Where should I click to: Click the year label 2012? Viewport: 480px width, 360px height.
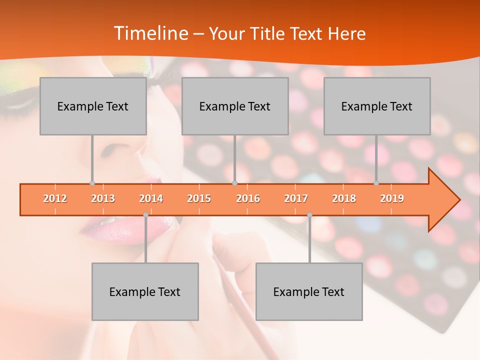pos(55,198)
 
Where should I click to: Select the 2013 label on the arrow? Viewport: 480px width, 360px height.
pos(103,198)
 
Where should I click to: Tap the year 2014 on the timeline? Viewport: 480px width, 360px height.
pos(151,198)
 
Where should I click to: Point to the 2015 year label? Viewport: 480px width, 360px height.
pos(199,198)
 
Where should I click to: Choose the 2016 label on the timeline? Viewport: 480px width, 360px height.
pos(248,198)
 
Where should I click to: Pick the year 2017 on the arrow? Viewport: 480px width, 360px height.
pos(296,198)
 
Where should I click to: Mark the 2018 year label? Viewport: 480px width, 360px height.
pos(344,198)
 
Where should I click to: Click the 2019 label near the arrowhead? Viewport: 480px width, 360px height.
pos(392,198)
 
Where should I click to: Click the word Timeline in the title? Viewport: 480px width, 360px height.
pos(149,33)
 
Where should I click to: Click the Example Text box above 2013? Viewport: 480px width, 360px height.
pos(93,106)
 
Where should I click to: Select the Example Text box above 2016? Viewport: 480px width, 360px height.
pos(235,106)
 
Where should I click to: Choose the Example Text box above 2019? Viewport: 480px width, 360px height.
pos(377,106)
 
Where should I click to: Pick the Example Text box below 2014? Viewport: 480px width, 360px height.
pos(145,291)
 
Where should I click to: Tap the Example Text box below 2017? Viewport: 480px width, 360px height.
pos(309,291)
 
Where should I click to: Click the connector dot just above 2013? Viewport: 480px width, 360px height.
pos(92,183)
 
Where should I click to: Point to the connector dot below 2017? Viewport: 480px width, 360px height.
pos(309,215)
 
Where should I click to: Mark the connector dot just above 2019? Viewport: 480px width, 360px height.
pos(376,183)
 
